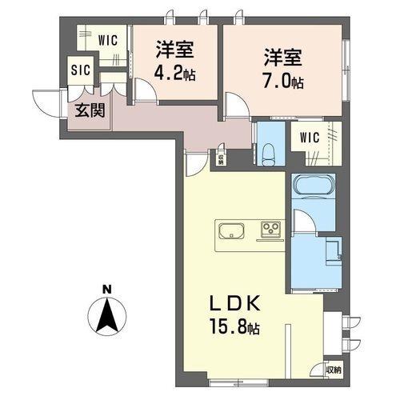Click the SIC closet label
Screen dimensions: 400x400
pyautogui.click(x=81, y=70)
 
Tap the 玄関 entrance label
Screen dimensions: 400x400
pyautogui.click(x=90, y=110)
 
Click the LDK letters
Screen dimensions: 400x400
pyautogui.click(x=234, y=304)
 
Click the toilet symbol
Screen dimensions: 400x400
pyautogui.click(x=270, y=154)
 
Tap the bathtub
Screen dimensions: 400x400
pyautogui.click(x=314, y=185)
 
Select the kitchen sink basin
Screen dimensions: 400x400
pyautogui.click(x=231, y=230)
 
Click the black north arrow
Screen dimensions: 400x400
pyautogui.click(x=107, y=315)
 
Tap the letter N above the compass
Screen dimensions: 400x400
pyautogui.click(x=107, y=290)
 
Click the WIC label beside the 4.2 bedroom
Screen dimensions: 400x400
pyautogui.click(x=108, y=41)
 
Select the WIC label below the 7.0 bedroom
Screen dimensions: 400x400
pyautogui.click(x=310, y=138)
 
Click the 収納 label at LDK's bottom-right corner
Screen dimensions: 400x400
pyautogui.click(x=334, y=370)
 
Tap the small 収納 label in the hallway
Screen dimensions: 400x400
pyautogui.click(x=221, y=159)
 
